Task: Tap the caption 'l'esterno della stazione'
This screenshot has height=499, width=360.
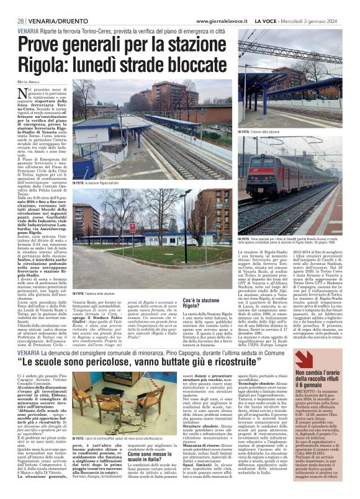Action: tap(99, 293)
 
